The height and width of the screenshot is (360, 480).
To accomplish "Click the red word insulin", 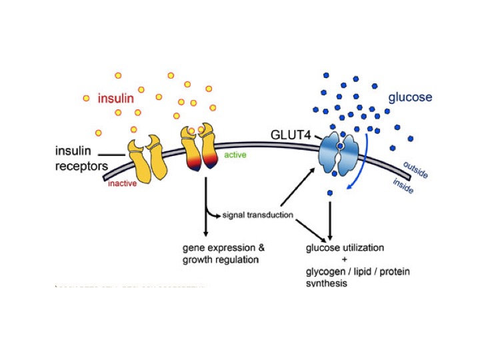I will [x=118, y=99].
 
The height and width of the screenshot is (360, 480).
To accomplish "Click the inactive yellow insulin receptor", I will [x=149, y=159].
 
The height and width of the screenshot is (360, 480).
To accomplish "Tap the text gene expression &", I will [x=219, y=247].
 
